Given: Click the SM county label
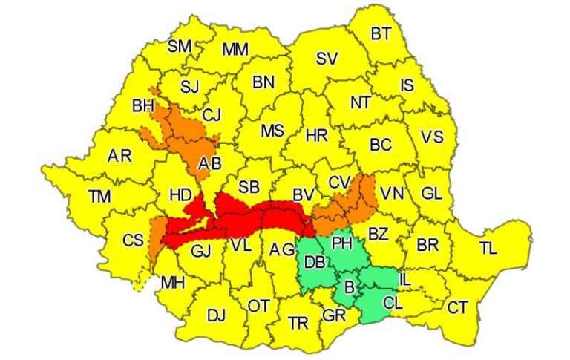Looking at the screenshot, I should click(x=179, y=46).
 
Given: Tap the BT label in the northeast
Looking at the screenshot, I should click(x=381, y=33).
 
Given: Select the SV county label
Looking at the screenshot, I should click(x=327, y=59).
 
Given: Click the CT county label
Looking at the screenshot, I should click(x=459, y=307).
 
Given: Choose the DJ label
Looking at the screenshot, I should click(x=216, y=316).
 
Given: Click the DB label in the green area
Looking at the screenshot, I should click(x=314, y=262).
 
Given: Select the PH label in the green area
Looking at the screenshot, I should click(x=342, y=242).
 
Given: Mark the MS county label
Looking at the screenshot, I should click(x=272, y=131).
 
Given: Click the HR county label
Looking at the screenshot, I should click(x=317, y=136).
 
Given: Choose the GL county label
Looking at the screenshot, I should click(x=431, y=194).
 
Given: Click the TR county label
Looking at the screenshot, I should click(x=298, y=323).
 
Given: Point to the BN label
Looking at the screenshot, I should click(x=263, y=82).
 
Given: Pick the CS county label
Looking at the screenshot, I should click(x=133, y=240).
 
